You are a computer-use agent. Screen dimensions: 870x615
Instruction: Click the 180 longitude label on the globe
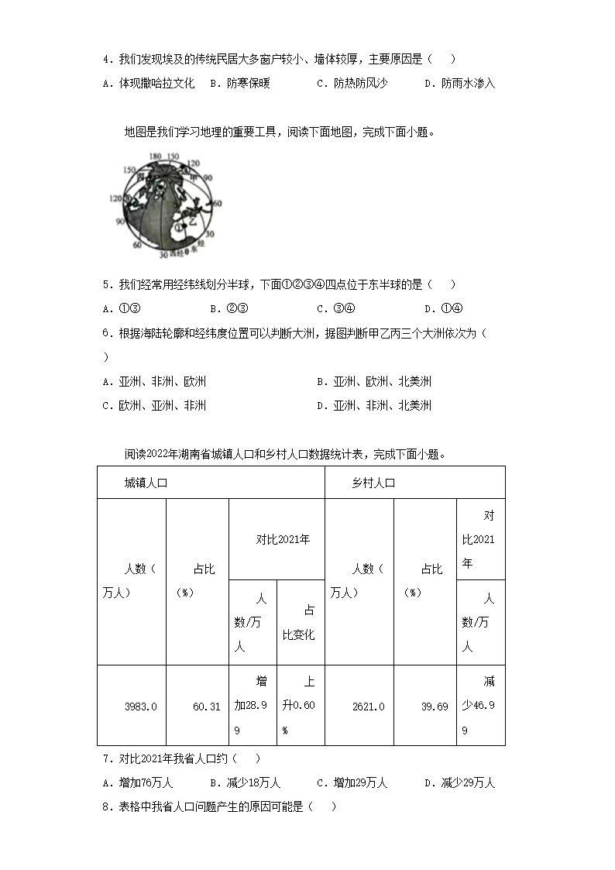click(155, 156)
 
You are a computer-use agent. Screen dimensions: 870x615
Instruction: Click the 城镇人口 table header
click(146, 483)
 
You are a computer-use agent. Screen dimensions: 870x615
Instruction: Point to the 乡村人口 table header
click(373, 483)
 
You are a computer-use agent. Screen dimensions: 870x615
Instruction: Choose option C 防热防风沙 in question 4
click(352, 83)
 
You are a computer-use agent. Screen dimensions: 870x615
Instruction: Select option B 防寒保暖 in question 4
click(240, 83)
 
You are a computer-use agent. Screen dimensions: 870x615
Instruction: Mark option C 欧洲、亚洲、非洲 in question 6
click(154, 405)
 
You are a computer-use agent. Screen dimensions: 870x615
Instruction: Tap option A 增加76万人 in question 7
click(138, 782)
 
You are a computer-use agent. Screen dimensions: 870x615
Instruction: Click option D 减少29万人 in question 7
click(460, 782)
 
